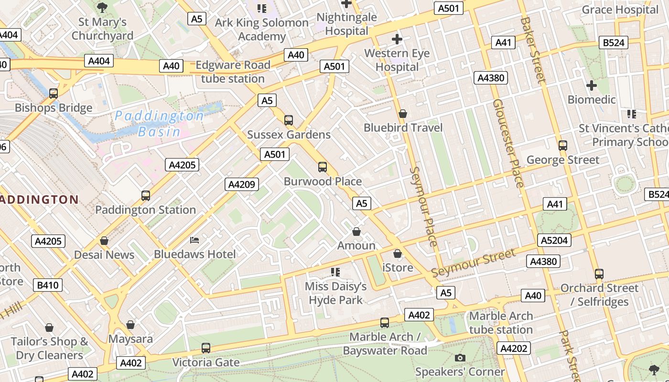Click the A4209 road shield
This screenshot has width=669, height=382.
tap(242, 184)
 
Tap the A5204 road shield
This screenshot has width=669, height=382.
tap(554, 240)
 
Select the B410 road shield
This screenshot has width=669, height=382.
tap(48, 286)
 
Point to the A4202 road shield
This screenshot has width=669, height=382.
tap(514, 349)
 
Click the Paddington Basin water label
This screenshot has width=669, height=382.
tap(159, 124)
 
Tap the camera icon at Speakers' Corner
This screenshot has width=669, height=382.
tap(460, 358)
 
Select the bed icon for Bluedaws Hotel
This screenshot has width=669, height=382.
tap(194, 240)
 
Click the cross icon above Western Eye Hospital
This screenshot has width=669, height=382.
tap(397, 39)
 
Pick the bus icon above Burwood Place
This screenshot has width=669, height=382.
tap(323, 167)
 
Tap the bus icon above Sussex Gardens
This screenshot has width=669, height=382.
tap(289, 120)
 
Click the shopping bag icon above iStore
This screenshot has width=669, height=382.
tap(398, 254)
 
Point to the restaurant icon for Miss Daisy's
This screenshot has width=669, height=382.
tap(335, 272)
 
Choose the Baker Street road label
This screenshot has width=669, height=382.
tap(533, 50)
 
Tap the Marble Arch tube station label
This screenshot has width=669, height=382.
tap(501, 323)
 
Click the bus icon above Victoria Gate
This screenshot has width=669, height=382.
tap(206, 348)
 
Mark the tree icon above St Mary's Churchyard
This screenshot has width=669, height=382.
tap(102, 7)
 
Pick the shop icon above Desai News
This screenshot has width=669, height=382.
tap(104, 241)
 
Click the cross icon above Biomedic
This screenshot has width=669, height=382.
tap(592, 85)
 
